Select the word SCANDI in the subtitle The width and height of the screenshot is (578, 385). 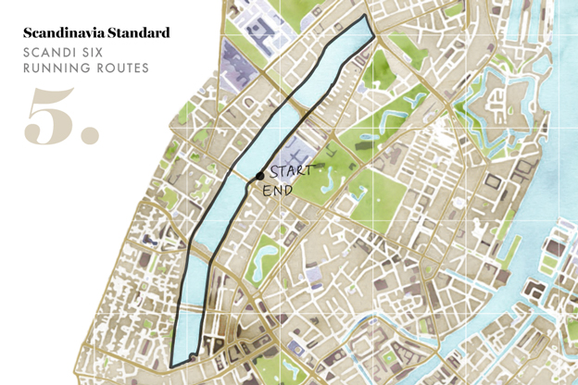coord(49,52)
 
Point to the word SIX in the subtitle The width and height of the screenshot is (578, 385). coord(97,52)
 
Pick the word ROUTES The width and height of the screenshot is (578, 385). coord(122,68)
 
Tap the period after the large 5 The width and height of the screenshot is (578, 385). coord(90,136)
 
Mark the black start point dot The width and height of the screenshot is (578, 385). coord(259,175)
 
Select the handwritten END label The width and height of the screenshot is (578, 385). coord(278,191)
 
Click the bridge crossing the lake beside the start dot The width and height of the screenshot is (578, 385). coord(248,178)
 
